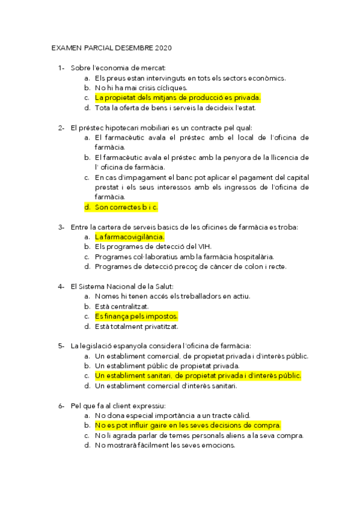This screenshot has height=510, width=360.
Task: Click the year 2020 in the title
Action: click(163, 47)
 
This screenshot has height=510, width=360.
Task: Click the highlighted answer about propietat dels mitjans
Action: click(177, 97)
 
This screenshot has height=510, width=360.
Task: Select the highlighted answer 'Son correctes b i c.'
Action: click(126, 207)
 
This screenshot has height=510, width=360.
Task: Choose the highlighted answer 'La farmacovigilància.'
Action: click(129, 237)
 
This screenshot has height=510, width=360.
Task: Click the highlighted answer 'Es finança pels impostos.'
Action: click(136, 316)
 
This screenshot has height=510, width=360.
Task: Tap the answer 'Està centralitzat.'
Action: click(123, 306)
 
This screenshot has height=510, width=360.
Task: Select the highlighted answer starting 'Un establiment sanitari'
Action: click(198, 375)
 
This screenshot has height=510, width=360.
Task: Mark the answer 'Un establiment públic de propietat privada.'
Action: click(167, 366)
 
